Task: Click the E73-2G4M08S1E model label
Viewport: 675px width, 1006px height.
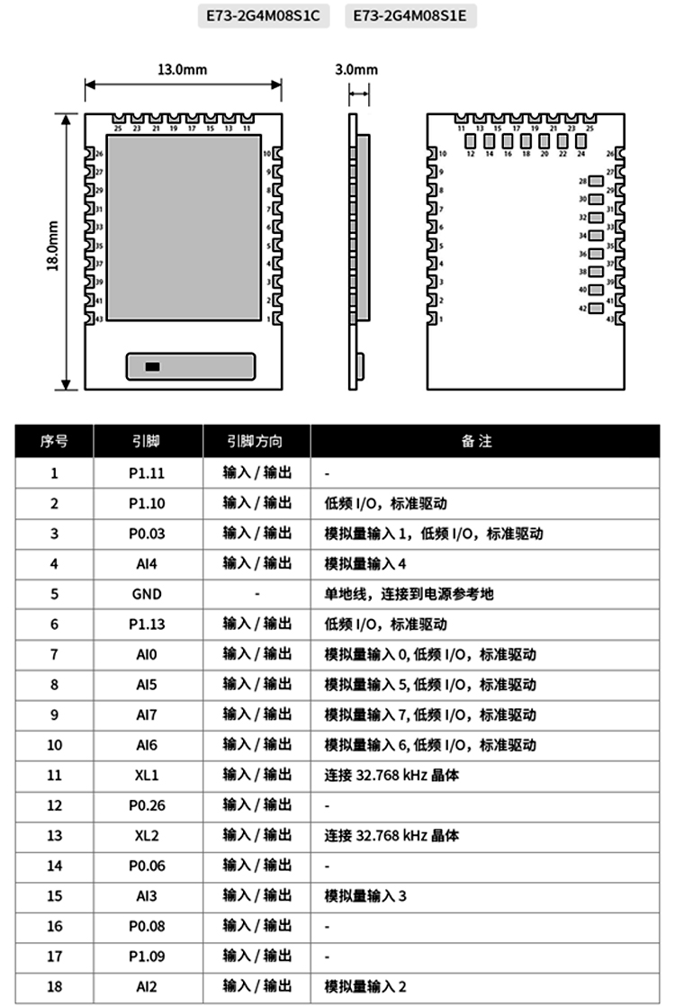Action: [x=410, y=16]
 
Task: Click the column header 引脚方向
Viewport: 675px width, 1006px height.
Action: [x=257, y=442]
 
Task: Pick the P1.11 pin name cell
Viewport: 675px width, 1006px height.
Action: [x=147, y=472]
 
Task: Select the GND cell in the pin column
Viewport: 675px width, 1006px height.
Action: [x=147, y=594]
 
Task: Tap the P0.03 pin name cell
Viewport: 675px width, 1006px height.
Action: [x=147, y=534]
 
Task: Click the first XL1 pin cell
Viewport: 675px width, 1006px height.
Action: [x=147, y=775]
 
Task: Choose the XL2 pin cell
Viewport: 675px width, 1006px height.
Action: [x=147, y=835]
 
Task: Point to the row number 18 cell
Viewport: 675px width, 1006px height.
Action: [x=54, y=986]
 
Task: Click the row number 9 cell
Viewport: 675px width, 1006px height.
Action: [x=54, y=714]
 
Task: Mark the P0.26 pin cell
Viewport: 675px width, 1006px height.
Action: [x=147, y=805]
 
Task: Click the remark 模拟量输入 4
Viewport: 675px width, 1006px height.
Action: [x=366, y=563]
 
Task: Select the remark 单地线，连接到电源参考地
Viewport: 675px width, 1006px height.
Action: [x=409, y=594]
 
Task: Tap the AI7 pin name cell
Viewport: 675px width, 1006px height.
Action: [x=147, y=714]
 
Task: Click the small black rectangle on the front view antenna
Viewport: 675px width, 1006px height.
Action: [x=153, y=366]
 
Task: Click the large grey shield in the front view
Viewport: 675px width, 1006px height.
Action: [x=177, y=230]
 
